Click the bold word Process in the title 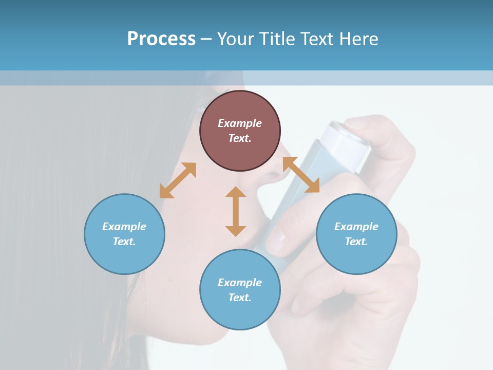pyautogui.click(x=161, y=39)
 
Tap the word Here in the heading pyautogui.click(x=359, y=39)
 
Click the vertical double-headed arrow pyautogui.click(x=236, y=211)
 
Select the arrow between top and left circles pyautogui.click(x=178, y=180)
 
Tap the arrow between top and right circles pyautogui.click(x=301, y=175)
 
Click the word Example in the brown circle pyautogui.click(x=240, y=123)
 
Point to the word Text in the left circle pyautogui.click(x=124, y=242)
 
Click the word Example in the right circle pyautogui.click(x=356, y=227)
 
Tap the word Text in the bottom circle pyautogui.click(x=240, y=298)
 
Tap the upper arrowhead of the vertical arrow pyautogui.click(x=236, y=193)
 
